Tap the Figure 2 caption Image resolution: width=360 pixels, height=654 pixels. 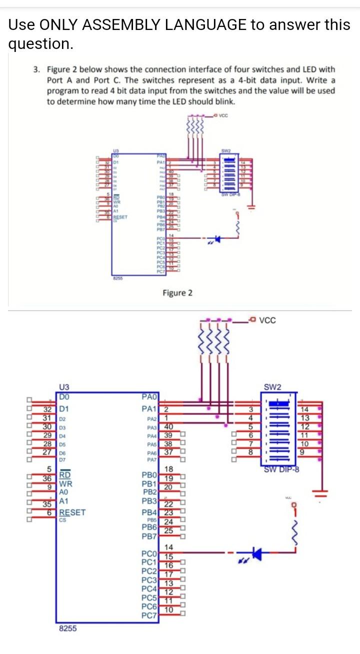(x=177, y=292)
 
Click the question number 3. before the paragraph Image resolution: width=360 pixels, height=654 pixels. (x=37, y=69)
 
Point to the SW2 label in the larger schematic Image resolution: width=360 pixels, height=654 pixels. (x=272, y=387)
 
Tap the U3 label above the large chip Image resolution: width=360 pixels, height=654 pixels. (x=65, y=387)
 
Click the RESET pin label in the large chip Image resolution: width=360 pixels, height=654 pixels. (x=72, y=512)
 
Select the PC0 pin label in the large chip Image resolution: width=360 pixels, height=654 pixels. (x=150, y=554)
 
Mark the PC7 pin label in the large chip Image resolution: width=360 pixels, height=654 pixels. (x=150, y=613)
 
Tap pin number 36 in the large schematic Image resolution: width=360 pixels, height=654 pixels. (x=47, y=478)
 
